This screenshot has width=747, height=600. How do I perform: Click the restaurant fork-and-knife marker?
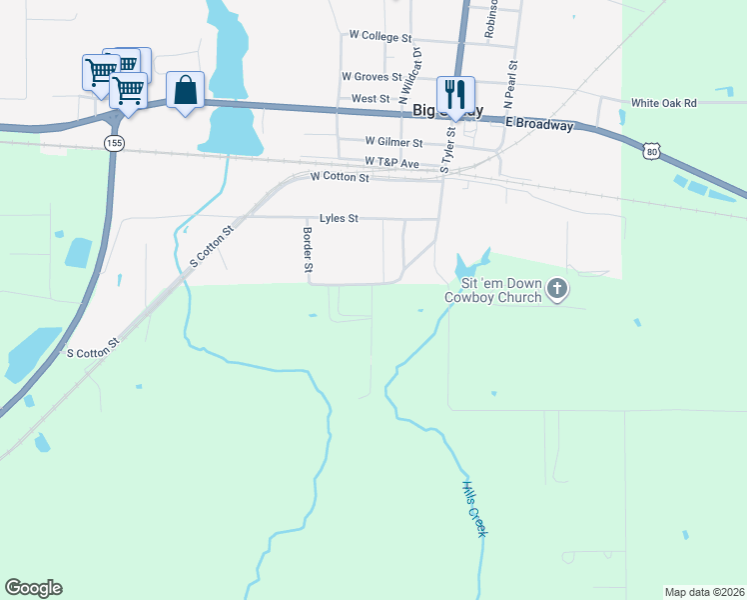pyautogui.click(x=455, y=94)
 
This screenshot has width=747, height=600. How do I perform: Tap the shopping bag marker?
pyautogui.click(x=186, y=90)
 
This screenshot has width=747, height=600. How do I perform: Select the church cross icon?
pyautogui.click(x=557, y=290)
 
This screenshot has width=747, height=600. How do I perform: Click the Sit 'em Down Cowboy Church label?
pyautogui.click(x=493, y=290)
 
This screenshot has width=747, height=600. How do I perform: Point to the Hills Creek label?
pyautogui.click(x=473, y=509)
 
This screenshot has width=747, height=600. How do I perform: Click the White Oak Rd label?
pyautogui.click(x=663, y=103)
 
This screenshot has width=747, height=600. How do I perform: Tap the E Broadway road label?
pyautogui.click(x=539, y=124)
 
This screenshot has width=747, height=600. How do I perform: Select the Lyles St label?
pyautogui.click(x=338, y=217)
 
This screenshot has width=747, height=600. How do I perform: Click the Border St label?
pyautogui.click(x=309, y=249)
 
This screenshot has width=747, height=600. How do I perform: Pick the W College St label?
pyautogui.click(x=373, y=34)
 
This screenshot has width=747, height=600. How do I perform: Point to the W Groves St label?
pyautogui.click(x=371, y=76)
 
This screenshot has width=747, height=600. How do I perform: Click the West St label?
pyautogui.click(x=371, y=99)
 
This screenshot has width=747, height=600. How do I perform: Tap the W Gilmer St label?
pyautogui.click(x=393, y=143)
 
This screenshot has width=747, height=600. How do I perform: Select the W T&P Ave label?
pyautogui.click(x=391, y=161)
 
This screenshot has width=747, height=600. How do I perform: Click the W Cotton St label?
pyautogui.click(x=340, y=176)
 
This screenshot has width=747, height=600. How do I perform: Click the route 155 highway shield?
pyautogui.click(x=115, y=144)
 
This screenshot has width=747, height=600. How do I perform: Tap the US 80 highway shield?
pyautogui.click(x=651, y=151)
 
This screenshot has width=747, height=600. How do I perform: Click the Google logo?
pyautogui.click(x=33, y=588)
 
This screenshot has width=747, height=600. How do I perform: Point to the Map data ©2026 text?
pyautogui.click(x=704, y=591)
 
